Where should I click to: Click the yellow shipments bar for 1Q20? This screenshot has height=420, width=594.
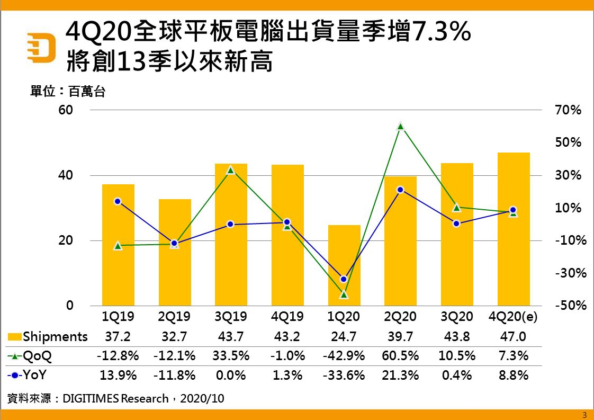[x=344, y=265]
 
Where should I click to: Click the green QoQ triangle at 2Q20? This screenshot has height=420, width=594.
[x=401, y=126]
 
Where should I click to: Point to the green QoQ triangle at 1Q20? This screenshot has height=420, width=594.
[x=344, y=294]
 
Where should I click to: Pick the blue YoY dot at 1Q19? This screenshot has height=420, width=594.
[x=118, y=201]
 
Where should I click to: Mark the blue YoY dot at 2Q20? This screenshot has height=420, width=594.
[x=401, y=190]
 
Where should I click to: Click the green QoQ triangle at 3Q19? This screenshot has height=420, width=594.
[x=231, y=170]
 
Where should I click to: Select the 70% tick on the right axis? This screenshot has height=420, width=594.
[x=568, y=110]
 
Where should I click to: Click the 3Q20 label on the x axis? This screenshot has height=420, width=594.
[x=457, y=317]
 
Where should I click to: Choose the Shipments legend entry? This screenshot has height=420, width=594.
[x=48, y=336]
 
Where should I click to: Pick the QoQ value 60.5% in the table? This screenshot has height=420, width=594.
[x=400, y=356]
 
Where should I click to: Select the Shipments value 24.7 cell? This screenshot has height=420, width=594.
[x=344, y=336]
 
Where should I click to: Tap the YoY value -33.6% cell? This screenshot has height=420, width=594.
[x=344, y=376]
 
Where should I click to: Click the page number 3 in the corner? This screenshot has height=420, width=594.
[x=584, y=415]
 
